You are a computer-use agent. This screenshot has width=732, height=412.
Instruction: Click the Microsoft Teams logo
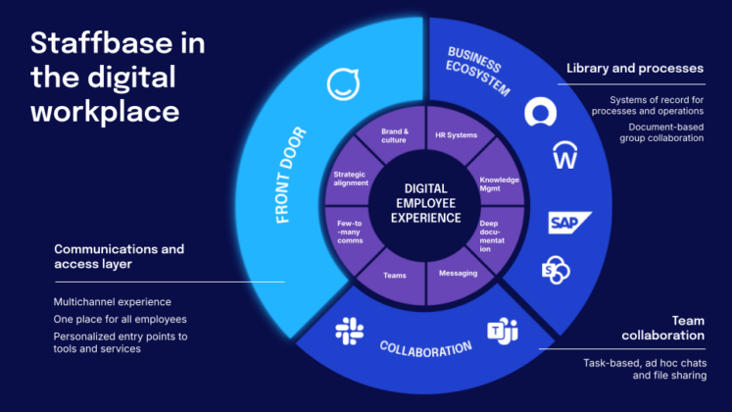pyautogui.click(x=503, y=332)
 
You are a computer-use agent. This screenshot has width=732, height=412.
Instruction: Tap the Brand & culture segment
pyautogui.click(x=394, y=134)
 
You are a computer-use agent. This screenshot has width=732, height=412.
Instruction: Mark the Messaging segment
pyautogui.click(x=458, y=273)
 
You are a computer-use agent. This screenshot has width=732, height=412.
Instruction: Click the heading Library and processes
pyautogui.click(x=634, y=69)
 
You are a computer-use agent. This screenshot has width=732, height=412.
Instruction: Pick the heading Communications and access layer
pyautogui.click(x=119, y=257)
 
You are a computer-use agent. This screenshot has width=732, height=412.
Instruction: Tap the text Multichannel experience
pyautogui.click(x=112, y=302)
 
